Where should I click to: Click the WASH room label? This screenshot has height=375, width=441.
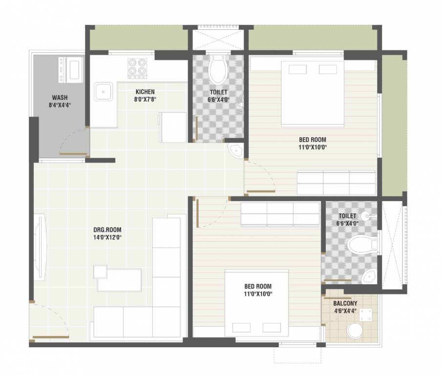[x=60, y=97]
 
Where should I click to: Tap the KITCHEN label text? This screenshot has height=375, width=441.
[x=145, y=91]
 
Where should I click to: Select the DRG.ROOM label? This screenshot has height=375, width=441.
[x=107, y=229]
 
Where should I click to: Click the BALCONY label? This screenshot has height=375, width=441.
[x=345, y=303]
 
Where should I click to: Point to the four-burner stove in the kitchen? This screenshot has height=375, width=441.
[x=137, y=68]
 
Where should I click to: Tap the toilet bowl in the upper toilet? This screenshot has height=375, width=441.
[x=218, y=69]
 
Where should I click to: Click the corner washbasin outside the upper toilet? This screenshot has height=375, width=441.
[x=236, y=151]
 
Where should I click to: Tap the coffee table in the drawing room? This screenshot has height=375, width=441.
[x=119, y=279]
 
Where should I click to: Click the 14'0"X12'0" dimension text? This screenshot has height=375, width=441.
[x=107, y=238]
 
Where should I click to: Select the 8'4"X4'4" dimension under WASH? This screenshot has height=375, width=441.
[x=60, y=105]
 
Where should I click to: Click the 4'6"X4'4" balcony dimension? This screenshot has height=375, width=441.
[x=345, y=311]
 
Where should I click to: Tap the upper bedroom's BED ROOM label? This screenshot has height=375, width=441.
[x=313, y=139]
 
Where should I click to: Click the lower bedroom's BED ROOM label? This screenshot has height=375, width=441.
[x=258, y=286]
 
